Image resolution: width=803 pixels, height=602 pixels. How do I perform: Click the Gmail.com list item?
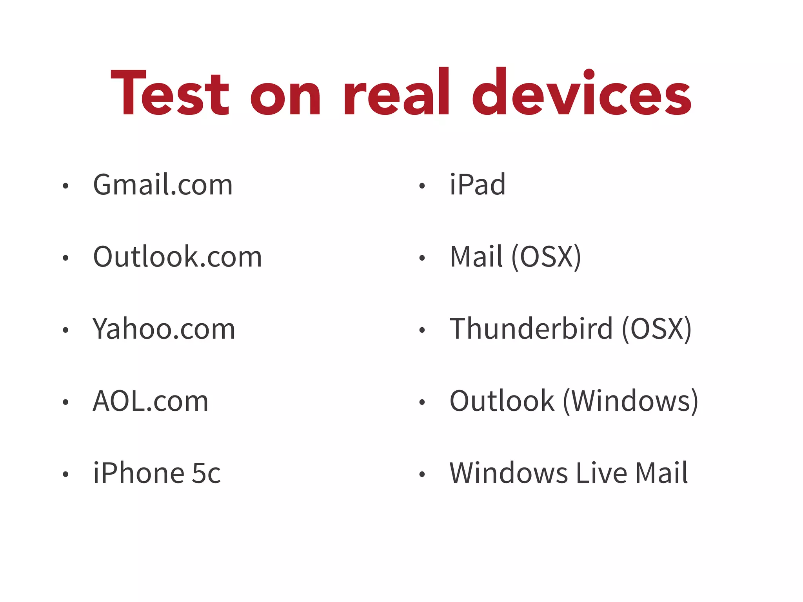[x=163, y=185]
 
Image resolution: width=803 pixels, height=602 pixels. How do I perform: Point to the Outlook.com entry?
[x=177, y=257]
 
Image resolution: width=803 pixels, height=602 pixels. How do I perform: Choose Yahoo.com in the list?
[x=164, y=329]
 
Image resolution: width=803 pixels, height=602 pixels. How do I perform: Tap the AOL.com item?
[x=151, y=401]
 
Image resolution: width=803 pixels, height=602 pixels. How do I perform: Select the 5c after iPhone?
[x=206, y=473]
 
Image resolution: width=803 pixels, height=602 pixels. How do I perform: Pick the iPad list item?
[x=477, y=185]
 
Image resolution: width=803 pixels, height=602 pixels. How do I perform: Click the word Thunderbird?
[x=531, y=329]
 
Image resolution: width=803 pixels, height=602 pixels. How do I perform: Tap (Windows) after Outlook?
[x=630, y=401]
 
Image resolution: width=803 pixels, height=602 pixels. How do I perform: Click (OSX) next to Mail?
[x=546, y=257]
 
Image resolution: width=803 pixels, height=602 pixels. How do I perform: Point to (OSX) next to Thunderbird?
[x=657, y=329]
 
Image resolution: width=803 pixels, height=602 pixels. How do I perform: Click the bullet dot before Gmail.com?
[x=65, y=186]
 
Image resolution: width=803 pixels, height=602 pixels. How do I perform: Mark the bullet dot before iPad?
[x=422, y=186]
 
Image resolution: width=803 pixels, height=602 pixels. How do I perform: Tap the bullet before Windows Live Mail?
[x=422, y=475]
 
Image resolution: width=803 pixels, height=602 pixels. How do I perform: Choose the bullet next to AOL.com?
[x=65, y=403]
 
